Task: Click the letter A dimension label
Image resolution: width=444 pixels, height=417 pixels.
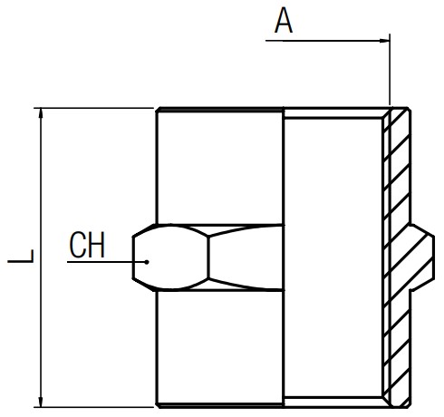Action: pos(284,21)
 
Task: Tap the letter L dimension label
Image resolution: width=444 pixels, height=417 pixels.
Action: pos(21,257)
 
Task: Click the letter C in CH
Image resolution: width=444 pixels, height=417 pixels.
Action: pos(77,245)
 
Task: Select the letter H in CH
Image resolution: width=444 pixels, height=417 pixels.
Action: pos(96,245)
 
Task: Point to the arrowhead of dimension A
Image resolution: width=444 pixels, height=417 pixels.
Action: pos(384,41)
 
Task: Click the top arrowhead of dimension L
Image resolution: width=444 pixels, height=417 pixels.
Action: pos(41,113)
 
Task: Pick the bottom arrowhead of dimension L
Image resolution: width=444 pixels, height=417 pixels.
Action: pos(41,402)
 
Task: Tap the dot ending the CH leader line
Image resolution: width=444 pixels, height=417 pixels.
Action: pos(147,262)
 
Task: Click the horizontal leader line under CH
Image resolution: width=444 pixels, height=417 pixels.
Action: pos(107,262)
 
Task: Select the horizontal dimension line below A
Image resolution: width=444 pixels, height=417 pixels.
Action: pos(327,41)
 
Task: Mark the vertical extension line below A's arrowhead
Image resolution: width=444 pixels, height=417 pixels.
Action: pos(390,70)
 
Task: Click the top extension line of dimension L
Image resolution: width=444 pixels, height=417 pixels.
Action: pos(93,108)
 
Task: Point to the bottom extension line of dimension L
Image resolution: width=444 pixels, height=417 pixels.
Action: pos(93,407)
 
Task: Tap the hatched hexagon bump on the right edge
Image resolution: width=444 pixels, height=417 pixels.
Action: pos(422,257)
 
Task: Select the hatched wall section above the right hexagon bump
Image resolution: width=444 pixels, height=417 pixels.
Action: pos(396,166)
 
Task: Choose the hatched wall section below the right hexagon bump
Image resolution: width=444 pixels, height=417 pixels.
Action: pos(396,347)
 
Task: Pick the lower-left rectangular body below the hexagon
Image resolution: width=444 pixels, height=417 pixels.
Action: pos(220,347)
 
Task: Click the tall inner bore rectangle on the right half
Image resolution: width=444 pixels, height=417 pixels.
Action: pos(333,257)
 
